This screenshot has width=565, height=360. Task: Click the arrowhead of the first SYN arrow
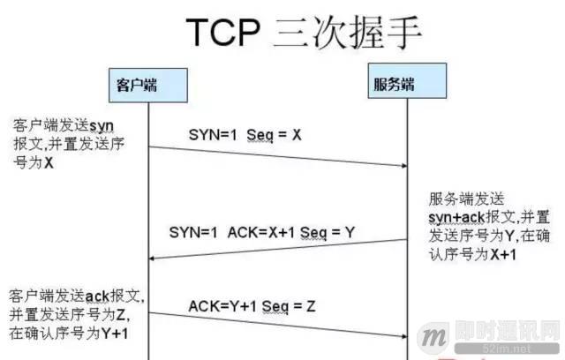(402, 165)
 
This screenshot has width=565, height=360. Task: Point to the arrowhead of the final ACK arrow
(402, 336)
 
